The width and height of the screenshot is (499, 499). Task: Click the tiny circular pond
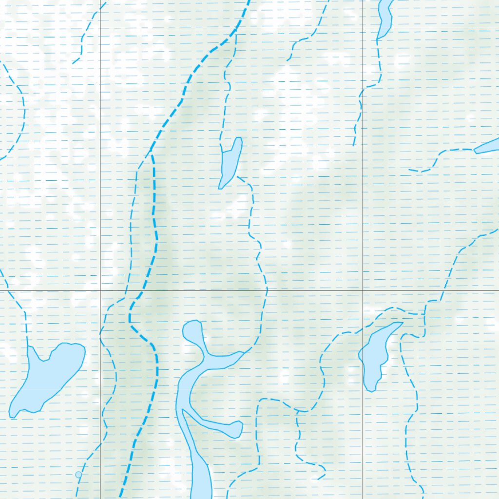[78, 475]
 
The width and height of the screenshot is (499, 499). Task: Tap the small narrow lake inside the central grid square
[230, 163]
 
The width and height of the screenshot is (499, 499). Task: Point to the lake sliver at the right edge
[487, 146]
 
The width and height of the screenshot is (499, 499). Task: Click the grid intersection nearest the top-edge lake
[363, 28]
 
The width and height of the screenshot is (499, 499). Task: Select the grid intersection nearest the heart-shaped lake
[100, 290]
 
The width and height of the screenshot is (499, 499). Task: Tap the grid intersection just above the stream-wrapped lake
[363, 290]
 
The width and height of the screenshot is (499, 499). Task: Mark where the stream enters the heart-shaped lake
[28, 346]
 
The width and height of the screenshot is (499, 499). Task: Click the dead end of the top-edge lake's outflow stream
[354, 145]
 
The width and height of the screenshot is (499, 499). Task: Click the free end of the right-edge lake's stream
[409, 170]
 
